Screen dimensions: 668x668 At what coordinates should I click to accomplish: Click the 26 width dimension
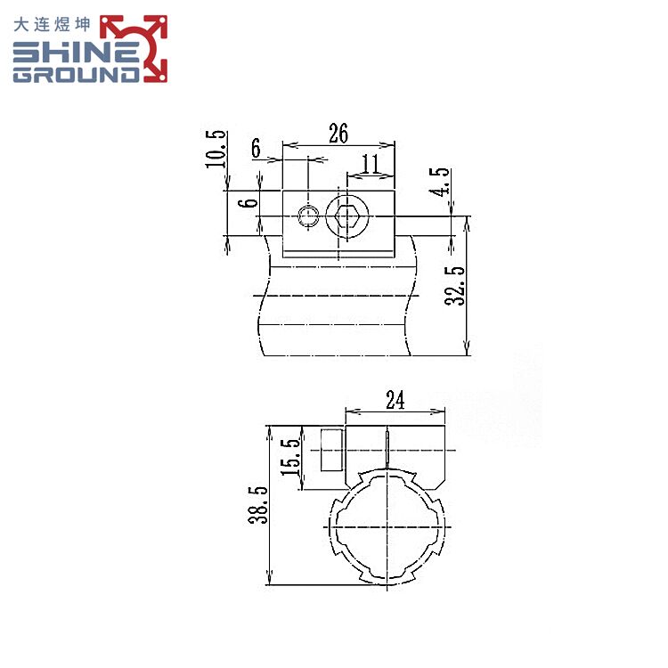(x=338, y=134)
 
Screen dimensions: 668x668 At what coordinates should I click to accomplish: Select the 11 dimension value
(x=371, y=162)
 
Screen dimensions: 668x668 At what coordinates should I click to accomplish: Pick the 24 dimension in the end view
(x=395, y=401)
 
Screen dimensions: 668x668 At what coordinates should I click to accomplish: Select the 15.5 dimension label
(x=289, y=457)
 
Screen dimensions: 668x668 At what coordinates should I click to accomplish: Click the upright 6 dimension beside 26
(x=256, y=149)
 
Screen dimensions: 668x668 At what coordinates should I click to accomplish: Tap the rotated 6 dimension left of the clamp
(x=251, y=202)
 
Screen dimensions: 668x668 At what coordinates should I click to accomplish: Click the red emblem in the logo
(x=134, y=48)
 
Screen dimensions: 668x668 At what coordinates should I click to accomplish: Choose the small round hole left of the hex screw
(x=308, y=215)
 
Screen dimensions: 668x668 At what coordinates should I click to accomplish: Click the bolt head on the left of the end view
(x=330, y=451)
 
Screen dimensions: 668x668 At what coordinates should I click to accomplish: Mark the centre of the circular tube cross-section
(x=388, y=527)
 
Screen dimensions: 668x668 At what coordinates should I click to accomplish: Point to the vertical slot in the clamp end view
(x=388, y=445)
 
